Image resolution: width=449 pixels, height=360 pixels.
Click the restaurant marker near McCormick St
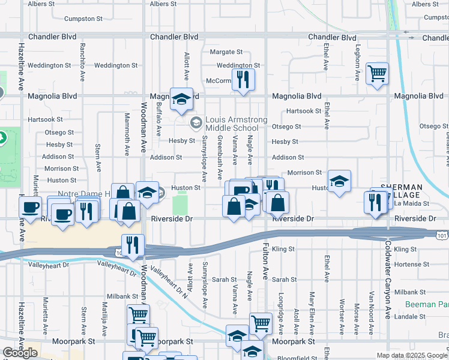coord(243,79)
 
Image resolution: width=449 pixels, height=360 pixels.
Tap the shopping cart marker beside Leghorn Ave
coord(377,74)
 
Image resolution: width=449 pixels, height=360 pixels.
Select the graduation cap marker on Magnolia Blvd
coord(180,100)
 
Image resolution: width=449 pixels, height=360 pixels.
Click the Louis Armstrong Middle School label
coord(236,124)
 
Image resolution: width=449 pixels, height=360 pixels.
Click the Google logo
coord(20,353)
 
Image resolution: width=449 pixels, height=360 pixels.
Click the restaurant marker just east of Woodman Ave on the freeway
coord(132,245)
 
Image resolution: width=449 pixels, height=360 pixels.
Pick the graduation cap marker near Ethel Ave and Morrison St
coord(339,181)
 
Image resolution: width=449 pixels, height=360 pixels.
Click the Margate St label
coord(226,52)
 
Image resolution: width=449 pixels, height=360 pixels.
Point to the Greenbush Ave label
coord(220,158)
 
